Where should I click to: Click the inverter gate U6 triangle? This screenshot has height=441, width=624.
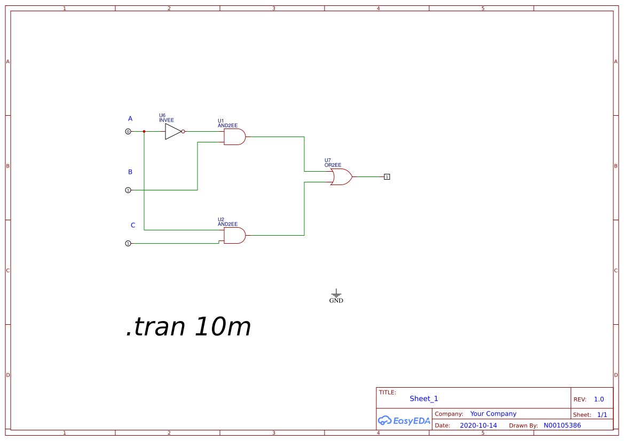(x=173, y=131)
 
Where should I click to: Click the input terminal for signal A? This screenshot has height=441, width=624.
(x=128, y=131)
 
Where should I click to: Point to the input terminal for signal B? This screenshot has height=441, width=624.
(x=128, y=190)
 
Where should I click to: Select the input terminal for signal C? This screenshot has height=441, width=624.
(x=128, y=244)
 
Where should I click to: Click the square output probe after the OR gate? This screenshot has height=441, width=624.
(x=387, y=177)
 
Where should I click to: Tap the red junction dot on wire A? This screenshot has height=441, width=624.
(x=144, y=131)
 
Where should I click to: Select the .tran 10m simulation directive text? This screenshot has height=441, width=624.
(x=188, y=327)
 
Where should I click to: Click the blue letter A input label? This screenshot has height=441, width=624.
(x=130, y=118)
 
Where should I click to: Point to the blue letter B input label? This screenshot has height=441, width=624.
(x=130, y=172)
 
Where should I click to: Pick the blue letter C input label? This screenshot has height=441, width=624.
(x=133, y=226)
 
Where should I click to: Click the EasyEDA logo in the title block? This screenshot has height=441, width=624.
(x=404, y=420)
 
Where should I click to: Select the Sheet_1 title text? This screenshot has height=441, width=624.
(x=424, y=399)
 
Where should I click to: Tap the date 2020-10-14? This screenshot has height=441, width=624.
(x=478, y=426)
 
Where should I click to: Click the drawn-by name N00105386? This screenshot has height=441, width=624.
(x=562, y=426)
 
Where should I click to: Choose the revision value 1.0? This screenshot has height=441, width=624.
(x=599, y=399)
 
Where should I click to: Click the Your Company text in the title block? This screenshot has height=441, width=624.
(x=493, y=414)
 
